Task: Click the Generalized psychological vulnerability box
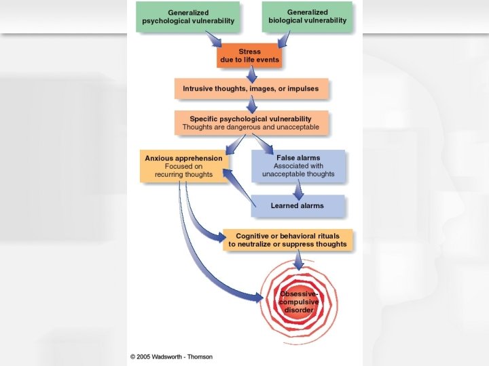pos(188,16)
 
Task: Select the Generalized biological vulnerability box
pos(308,16)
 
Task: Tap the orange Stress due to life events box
pos(249,56)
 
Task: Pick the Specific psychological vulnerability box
pos(251,122)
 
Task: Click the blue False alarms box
pos(298,166)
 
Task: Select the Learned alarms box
pos(298,205)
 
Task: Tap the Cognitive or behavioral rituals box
pos(287,240)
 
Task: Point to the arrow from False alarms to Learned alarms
pos(297,189)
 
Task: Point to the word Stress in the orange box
pos(249,52)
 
